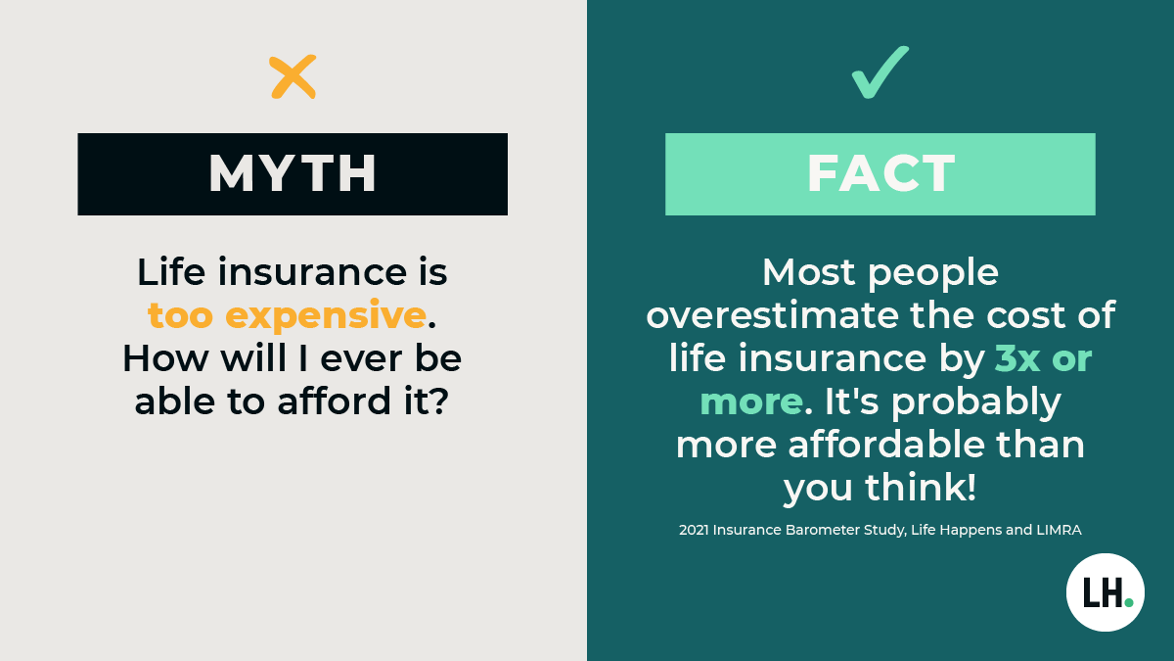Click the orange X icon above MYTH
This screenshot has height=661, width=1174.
(293, 76)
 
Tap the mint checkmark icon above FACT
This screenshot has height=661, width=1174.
(880, 73)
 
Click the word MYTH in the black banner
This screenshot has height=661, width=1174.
(293, 173)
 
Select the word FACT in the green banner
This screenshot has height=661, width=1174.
(880, 173)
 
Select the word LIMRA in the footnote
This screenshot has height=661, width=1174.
(1053, 530)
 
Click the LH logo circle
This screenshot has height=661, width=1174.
(1105, 592)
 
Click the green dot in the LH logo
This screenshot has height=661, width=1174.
(1129, 602)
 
